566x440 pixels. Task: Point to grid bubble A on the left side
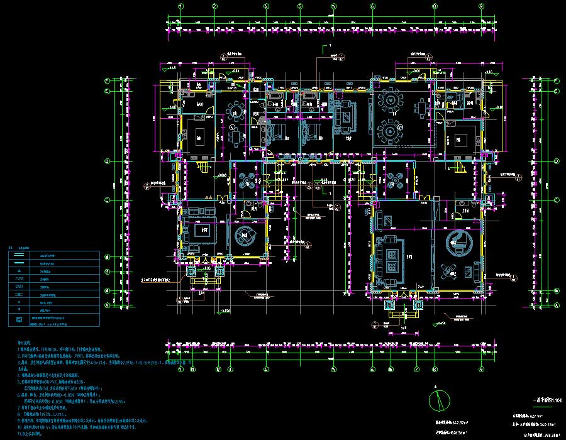pos(107,305)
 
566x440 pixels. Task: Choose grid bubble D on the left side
pos(107,161)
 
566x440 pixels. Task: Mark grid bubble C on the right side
pos(557,199)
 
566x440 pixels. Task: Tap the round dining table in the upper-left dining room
pos(234,113)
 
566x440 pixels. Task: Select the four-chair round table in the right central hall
pos(394,179)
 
